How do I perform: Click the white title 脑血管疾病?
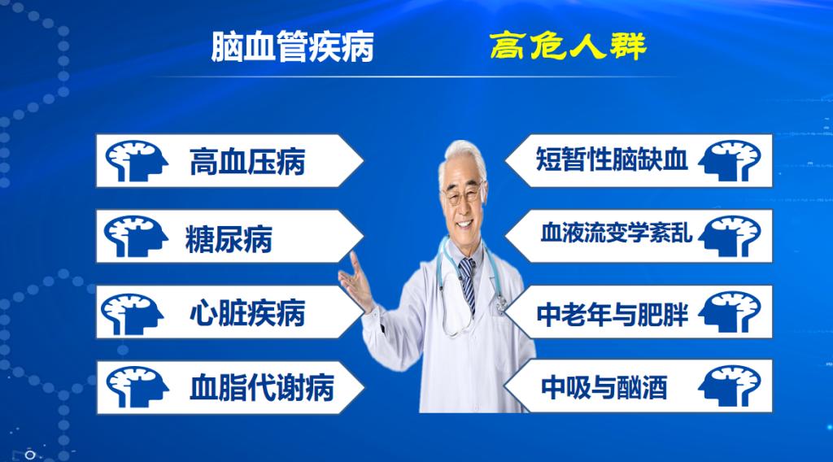click(x=292, y=48)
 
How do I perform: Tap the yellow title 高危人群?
click(x=568, y=46)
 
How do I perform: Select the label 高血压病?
click(x=246, y=161)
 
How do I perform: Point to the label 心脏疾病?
click(x=246, y=312)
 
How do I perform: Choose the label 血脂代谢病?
click(x=261, y=386)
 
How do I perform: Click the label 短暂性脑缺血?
click(x=612, y=159)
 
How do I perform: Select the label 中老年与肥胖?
click(x=613, y=313)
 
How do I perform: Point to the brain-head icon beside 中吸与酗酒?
click(x=731, y=386)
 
